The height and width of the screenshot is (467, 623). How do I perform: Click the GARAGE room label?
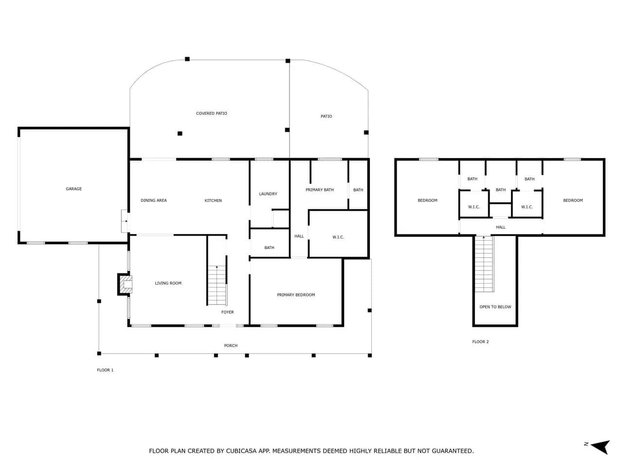74,189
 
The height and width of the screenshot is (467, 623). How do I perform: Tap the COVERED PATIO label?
211,113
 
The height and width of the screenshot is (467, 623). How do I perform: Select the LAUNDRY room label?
268,194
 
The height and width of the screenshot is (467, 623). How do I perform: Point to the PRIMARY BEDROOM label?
296,295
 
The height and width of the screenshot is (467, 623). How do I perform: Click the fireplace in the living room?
125,285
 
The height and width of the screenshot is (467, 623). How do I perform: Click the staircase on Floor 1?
217,285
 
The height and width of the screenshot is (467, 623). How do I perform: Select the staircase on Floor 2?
484,264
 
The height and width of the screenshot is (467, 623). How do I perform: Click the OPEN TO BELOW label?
495,307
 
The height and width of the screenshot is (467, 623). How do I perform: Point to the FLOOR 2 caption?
480,341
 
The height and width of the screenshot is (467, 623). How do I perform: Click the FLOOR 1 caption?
105,370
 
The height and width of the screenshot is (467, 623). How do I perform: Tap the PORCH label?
231,346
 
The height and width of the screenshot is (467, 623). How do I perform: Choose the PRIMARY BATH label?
320,190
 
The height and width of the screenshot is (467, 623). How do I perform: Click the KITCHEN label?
213,200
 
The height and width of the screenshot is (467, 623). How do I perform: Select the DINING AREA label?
153,200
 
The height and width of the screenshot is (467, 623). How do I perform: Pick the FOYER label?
228,312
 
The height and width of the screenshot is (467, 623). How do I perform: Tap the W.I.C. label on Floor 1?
338,237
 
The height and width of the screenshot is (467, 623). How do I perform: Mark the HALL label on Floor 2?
501,227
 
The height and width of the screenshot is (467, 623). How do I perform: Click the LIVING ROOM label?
168,283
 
